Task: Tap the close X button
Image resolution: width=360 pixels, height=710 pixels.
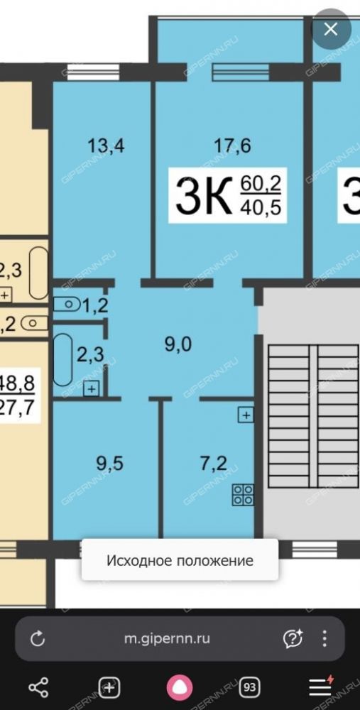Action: tap(331, 29)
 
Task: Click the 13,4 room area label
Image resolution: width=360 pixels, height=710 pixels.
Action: tap(106, 146)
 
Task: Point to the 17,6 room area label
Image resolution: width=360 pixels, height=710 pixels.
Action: tap(233, 146)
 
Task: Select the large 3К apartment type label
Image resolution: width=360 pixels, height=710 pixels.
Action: tap(203, 196)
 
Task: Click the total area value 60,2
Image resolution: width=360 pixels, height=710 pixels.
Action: tap(261, 184)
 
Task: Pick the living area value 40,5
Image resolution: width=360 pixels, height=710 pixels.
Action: tap(261, 207)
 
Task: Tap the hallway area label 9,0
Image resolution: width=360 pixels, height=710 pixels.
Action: tap(178, 345)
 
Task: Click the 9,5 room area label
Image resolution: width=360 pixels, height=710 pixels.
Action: tap(109, 464)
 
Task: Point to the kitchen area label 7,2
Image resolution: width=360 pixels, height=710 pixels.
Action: tap(213, 464)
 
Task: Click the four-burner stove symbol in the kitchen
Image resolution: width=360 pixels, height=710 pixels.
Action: tap(243, 494)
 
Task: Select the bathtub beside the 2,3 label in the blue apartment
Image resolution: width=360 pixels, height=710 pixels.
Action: tap(63, 360)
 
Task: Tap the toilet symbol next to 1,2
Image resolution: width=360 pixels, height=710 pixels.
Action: tap(66, 304)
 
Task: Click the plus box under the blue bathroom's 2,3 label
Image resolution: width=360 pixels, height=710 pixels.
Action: tap(92, 388)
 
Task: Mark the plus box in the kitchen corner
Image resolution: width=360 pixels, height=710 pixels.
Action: tap(246, 415)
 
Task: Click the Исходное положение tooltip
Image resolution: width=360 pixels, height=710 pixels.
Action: tap(180, 560)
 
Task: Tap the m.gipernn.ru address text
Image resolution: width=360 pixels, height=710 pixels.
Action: tap(167, 638)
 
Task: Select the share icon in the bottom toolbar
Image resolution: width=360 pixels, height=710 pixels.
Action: tap(38, 687)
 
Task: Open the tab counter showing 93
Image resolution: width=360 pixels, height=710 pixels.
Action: tap(249, 687)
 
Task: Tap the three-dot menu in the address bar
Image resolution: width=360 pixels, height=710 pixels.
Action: tap(324, 638)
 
